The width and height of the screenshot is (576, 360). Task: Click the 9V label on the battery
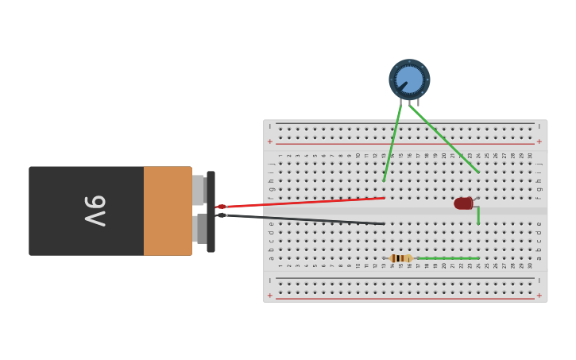pos(95,211)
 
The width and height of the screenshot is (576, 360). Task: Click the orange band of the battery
pos(167,211)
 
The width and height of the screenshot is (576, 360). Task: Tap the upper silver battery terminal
pos(198,190)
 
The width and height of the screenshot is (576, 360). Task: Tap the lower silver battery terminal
pos(199,229)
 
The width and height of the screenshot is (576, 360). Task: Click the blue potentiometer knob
pos(409,79)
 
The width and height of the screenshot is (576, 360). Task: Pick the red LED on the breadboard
pos(463,203)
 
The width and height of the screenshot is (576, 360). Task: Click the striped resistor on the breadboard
pos(401,258)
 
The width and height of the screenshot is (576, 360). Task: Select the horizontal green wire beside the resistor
pos(449,258)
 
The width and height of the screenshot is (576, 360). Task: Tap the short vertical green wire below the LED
pos(478,215)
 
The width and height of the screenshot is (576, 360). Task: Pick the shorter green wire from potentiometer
pos(392,143)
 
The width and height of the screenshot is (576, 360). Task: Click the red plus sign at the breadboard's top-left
pos(270,141)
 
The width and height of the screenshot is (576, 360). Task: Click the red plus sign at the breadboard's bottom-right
pos(539,296)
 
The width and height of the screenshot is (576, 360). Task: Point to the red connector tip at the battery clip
pos(222,207)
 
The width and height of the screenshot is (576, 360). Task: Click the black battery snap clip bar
pos(211,211)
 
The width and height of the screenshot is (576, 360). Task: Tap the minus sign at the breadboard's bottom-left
pos(270,281)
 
